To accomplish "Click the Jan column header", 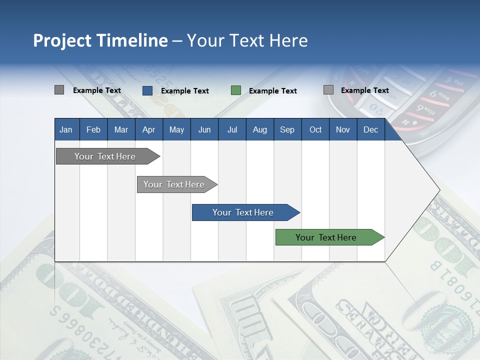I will pyautogui.click(x=66, y=129).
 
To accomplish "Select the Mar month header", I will pyautogui.click(x=121, y=129).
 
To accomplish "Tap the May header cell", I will pyautogui.click(x=176, y=129).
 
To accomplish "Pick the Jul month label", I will pyautogui.click(x=232, y=129).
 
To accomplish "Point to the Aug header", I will pyautogui.click(x=259, y=129).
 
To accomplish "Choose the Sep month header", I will pyautogui.click(x=287, y=129).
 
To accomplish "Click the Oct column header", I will pyautogui.click(x=315, y=129).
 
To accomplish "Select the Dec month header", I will pyautogui.click(x=370, y=129).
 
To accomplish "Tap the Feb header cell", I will pyautogui.click(x=93, y=129).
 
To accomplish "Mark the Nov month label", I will pyautogui.click(x=342, y=129).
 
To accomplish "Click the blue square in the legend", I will pyautogui.click(x=147, y=90).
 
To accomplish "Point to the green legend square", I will pyautogui.click(x=235, y=90).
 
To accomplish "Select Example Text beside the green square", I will pyautogui.click(x=273, y=91).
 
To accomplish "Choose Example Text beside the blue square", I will pyautogui.click(x=185, y=91).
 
